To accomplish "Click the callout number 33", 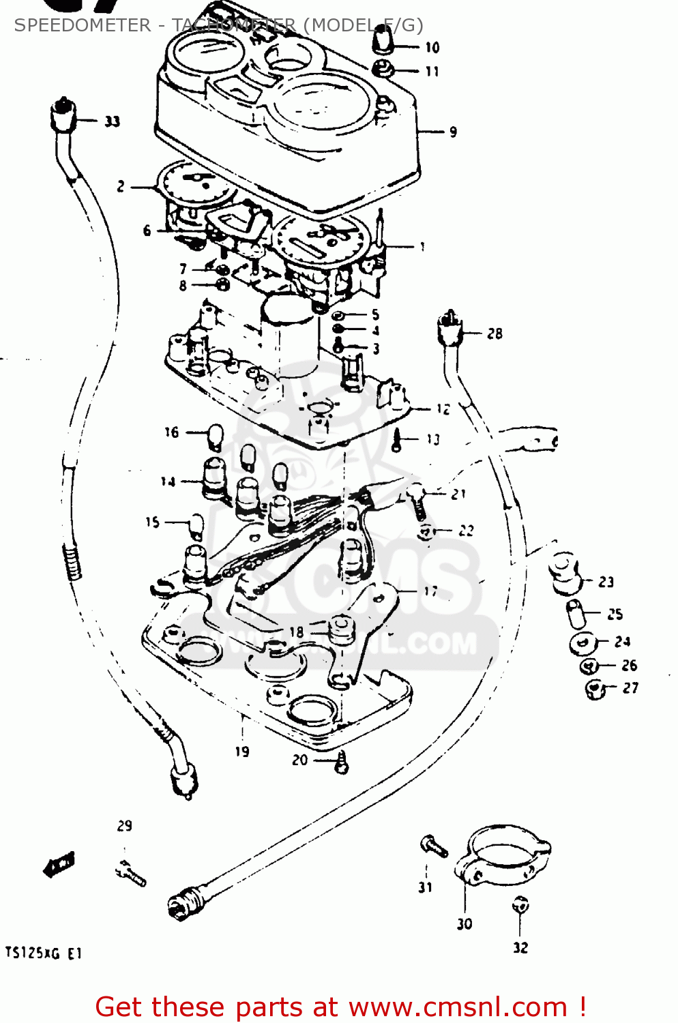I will click(112, 121).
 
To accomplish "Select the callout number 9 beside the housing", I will click(453, 132).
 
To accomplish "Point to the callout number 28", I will click(495, 333).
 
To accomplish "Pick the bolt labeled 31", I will click(433, 847).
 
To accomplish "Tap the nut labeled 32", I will click(520, 906).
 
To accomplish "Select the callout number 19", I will click(242, 752).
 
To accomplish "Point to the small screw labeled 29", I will click(132, 873).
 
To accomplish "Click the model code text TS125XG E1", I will click(43, 953).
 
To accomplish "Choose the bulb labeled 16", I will click(215, 436).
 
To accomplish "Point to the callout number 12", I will click(443, 409).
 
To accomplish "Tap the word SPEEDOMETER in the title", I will click(83, 25).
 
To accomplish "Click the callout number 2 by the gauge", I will click(121, 186).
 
